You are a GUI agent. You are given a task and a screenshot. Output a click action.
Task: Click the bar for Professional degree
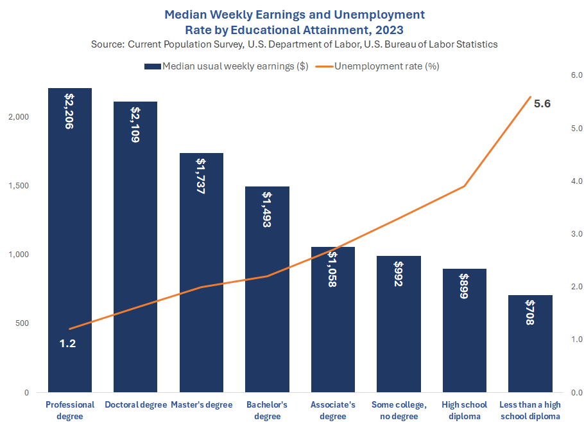[x=70, y=240]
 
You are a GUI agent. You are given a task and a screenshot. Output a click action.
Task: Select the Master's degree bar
[x=202, y=273]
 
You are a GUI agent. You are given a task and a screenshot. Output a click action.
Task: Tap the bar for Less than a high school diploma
[x=530, y=343]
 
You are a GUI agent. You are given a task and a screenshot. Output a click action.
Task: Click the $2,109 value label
[x=135, y=125]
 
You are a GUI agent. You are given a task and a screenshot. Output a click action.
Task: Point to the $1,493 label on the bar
[x=267, y=210]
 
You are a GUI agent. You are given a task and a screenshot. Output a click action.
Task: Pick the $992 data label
[x=399, y=273]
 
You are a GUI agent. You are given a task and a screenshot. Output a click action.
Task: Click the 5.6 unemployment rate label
[x=542, y=104]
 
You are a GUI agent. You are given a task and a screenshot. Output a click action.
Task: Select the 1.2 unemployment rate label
[x=68, y=343]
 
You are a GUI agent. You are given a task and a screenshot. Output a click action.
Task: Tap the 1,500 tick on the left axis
[x=19, y=185]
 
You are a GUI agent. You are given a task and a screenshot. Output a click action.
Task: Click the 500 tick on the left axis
[x=22, y=323]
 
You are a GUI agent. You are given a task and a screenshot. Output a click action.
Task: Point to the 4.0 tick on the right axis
[x=576, y=181]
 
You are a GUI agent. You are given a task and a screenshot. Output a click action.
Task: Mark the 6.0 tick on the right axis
[x=576, y=75]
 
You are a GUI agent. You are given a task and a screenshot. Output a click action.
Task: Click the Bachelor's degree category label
[x=267, y=410]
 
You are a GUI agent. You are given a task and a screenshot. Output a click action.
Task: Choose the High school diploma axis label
[x=464, y=410]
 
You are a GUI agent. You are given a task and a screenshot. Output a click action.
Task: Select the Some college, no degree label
[x=399, y=410]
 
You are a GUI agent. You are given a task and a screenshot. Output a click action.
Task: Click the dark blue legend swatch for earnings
[x=153, y=66]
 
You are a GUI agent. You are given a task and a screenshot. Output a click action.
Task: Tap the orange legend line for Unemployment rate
[x=324, y=66]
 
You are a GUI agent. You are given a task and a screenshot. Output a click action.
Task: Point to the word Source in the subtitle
[x=107, y=44]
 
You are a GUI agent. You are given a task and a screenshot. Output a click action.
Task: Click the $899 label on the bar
[x=464, y=286]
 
